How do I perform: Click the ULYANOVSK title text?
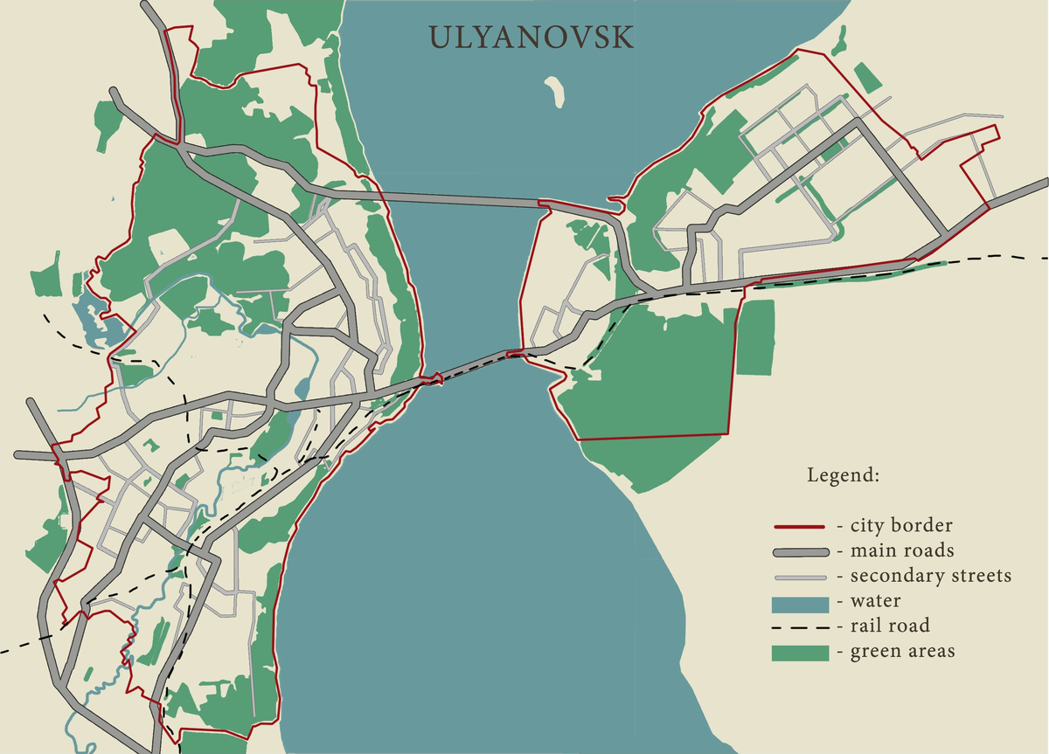[531, 38]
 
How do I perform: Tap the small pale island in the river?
[554, 92]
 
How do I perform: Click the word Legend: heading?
[843, 476]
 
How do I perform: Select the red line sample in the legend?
[799, 527]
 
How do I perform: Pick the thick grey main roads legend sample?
[799, 552]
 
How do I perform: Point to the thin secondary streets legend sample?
[799, 578]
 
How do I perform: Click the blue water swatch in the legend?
[799, 603]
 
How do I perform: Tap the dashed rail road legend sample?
[799, 627]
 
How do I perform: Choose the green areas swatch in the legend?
[799, 653]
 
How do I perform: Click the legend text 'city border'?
[900, 526]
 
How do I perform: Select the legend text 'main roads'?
[901, 551]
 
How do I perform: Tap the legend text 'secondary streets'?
[930, 577]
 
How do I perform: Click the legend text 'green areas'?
[902, 652]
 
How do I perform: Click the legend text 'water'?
[875, 602]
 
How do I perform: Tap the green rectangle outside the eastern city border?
[755, 337]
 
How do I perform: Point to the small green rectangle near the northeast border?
[867, 77]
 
